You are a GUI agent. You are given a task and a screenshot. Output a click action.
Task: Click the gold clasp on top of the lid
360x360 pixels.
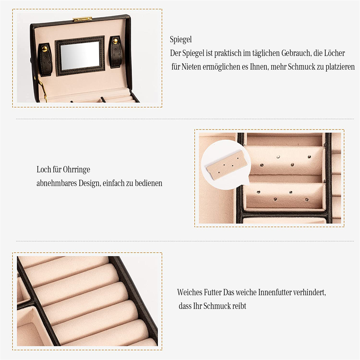point(82,19)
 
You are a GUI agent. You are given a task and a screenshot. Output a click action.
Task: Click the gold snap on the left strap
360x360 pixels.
point(45,49)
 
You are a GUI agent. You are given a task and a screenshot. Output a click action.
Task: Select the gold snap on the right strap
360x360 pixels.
point(115,41)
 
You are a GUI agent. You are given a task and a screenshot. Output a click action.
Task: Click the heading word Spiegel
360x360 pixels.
point(181,39)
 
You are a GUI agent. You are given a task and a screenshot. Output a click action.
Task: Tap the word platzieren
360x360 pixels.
point(340,67)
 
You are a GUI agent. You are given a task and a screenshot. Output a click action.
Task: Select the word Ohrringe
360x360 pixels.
point(76,170)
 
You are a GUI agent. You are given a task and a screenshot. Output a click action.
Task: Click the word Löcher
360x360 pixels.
point(334,53)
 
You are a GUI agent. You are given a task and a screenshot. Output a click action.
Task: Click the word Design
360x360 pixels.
point(90,183)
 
